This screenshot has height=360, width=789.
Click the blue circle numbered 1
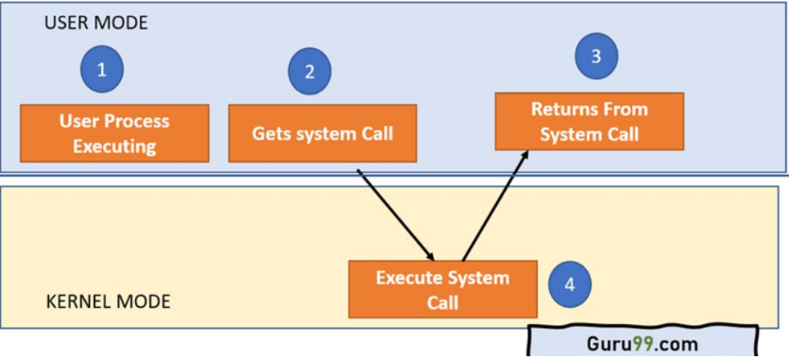(x=102, y=69)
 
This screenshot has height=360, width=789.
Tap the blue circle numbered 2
(x=308, y=71)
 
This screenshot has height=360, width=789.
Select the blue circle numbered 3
(x=596, y=56)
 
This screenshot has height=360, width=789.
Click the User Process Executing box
(x=114, y=133)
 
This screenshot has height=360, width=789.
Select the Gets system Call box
(x=322, y=133)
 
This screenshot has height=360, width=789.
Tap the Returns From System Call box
(x=589, y=121)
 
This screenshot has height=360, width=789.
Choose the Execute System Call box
(x=442, y=289)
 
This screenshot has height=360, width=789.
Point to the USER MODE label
(x=95, y=23)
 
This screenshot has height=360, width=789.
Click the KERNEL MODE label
(x=109, y=302)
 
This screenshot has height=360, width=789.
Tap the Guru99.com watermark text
(x=643, y=342)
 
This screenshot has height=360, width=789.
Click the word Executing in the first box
(x=114, y=146)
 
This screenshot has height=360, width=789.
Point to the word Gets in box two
(x=270, y=133)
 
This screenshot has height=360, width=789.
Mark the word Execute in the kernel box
(x=412, y=278)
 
